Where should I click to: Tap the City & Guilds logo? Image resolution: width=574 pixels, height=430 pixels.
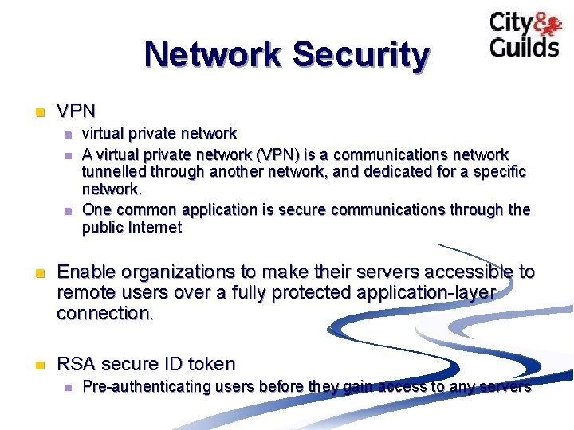[525, 35]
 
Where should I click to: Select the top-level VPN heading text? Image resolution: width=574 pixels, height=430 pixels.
[77, 111]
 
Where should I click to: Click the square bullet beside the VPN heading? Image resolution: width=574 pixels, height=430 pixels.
[36, 111]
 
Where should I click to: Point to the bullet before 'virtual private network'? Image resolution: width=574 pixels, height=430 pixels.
[69, 134]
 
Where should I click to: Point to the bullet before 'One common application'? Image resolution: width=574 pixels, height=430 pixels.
[69, 210]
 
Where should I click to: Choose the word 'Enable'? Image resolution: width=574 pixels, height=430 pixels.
[85, 272]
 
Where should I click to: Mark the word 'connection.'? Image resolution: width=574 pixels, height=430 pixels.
[104, 313]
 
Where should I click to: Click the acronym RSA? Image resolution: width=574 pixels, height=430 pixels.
[77, 365]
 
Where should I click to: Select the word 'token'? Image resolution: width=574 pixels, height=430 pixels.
[211, 365]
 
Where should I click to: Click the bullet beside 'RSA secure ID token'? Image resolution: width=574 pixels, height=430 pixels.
[36, 365]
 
